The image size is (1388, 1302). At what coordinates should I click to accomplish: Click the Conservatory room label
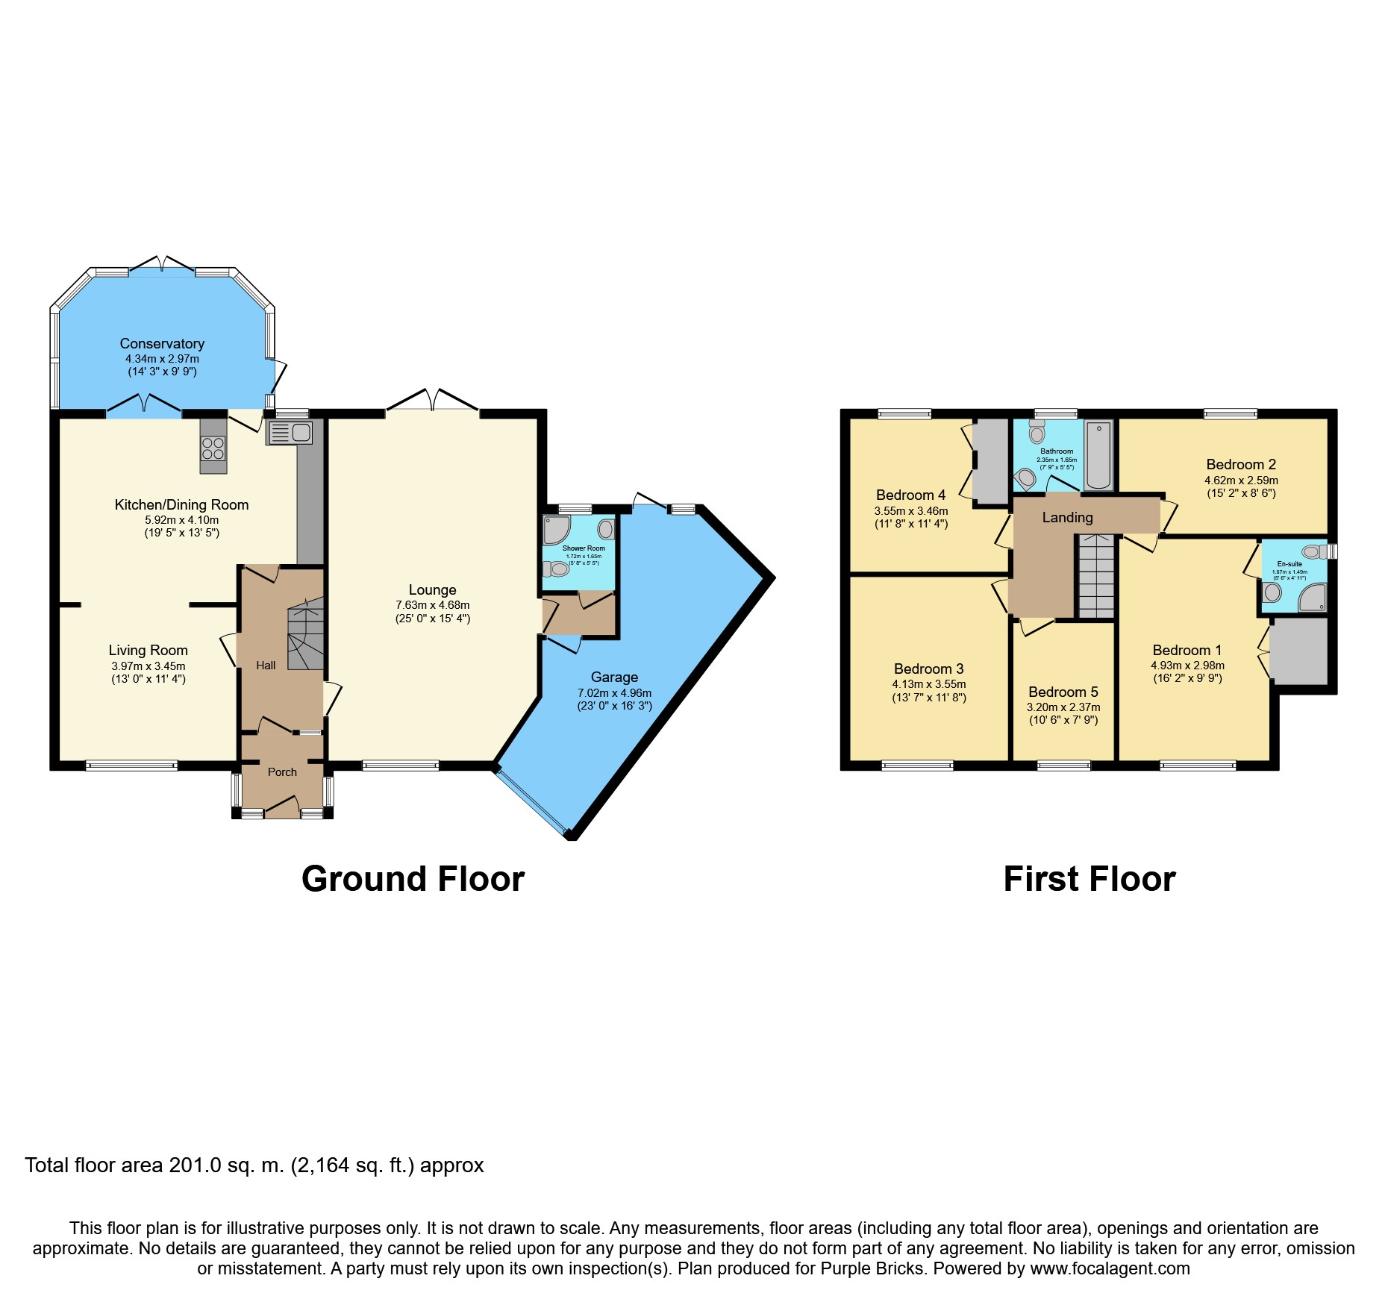click(162, 344)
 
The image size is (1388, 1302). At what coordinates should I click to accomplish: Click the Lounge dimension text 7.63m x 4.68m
click(433, 605)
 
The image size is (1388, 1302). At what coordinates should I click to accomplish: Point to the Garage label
click(614, 677)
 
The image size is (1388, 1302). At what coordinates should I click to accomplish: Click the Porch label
click(282, 772)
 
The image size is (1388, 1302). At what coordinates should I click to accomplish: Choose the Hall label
click(266, 666)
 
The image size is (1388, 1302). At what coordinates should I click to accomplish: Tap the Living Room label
click(148, 651)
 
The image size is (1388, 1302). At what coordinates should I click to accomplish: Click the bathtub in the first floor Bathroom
click(1098, 455)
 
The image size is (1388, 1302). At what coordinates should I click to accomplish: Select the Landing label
click(1067, 518)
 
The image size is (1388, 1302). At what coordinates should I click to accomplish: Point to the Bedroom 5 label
click(1063, 692)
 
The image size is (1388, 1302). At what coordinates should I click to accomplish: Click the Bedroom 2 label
click(1241, 465)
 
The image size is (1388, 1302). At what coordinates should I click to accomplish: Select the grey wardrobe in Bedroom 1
click(1299, 651)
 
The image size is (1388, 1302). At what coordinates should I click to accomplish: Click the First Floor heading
click(1090, 879)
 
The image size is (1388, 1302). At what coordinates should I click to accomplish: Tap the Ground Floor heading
click(413, 879)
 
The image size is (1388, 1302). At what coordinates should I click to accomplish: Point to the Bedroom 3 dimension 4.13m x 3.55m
click(929, 684)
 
